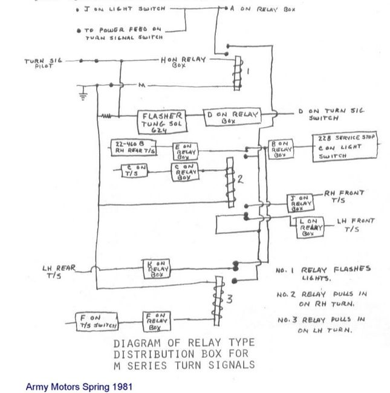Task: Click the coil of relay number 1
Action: pyautogui.click(x=238, y=71)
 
